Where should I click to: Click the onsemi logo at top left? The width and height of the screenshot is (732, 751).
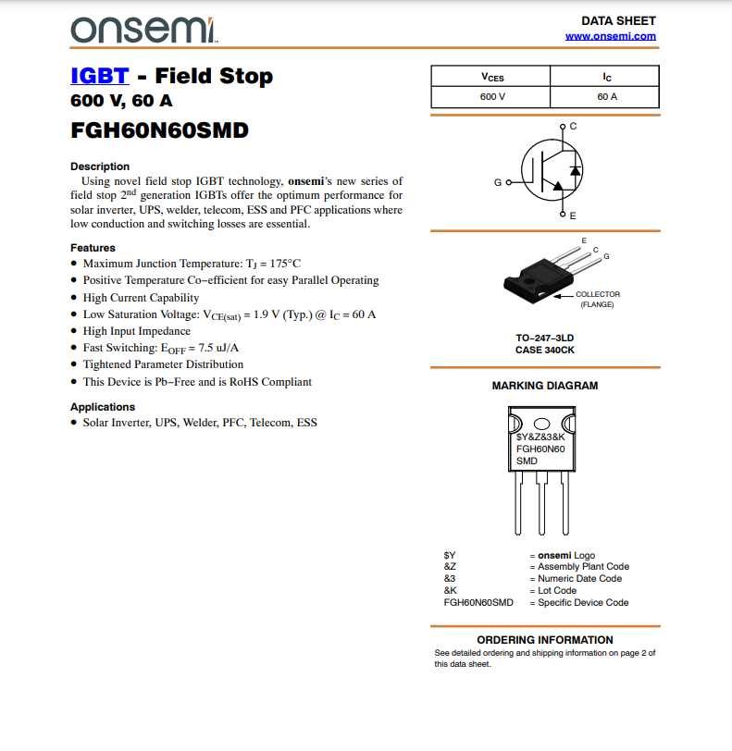(x=143, y=30)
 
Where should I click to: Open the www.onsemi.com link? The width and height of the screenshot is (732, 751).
(x=610, y=36)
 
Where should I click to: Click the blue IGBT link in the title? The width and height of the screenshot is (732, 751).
(x=98, y=76)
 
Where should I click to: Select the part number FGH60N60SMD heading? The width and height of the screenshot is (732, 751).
(x=159, y=130)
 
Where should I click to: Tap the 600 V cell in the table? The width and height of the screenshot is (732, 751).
(x=492, y=96)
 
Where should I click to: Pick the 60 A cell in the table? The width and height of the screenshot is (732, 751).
(x=607, y=96)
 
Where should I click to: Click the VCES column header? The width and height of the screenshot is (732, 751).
(x=492, y=77)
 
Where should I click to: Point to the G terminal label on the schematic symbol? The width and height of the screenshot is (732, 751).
(x=498, y=182)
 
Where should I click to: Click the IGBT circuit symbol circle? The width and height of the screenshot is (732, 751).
(x=552, y=170)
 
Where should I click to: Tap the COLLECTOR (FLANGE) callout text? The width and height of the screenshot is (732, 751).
(x=597, y=299)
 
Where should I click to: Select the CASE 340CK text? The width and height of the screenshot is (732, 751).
(x=545, y=351)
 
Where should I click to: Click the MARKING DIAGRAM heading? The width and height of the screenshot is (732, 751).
(x=544, y=386)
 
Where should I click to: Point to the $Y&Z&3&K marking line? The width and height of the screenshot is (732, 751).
(x=540, y=436)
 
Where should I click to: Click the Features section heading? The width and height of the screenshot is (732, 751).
(x=93, y=248)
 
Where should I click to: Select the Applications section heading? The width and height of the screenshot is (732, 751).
(x=103, y=407)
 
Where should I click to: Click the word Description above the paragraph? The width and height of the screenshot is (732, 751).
(x=100, y=166)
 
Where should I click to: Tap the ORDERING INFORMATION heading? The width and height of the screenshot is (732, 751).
(x=544, y=640)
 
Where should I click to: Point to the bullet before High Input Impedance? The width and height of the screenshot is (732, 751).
(x=74, y=331)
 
